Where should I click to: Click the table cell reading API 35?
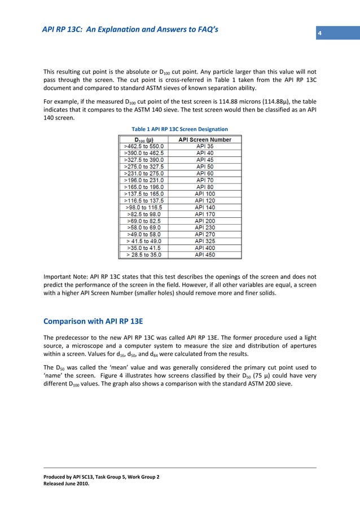[x=205, y=146]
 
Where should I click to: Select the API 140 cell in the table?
[x=205, y=207]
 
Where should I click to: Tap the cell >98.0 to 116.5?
[x=144, y=207]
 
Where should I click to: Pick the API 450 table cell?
[x=205, y=254]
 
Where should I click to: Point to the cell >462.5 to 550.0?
[x=144, y=146]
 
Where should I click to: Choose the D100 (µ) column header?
[x=144, y=139]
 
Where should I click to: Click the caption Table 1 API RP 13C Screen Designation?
[x=179, y=129]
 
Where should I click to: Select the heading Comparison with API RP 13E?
[x=93, y=322]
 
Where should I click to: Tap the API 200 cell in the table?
[x=205, y=221]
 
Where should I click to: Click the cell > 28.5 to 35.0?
[x=144, y=254]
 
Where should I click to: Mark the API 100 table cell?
[x=205, y=194]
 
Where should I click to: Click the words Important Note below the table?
[x=64, y=277]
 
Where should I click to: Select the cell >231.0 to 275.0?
[x=144, y=173]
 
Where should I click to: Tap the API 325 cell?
[x=205, y=241]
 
